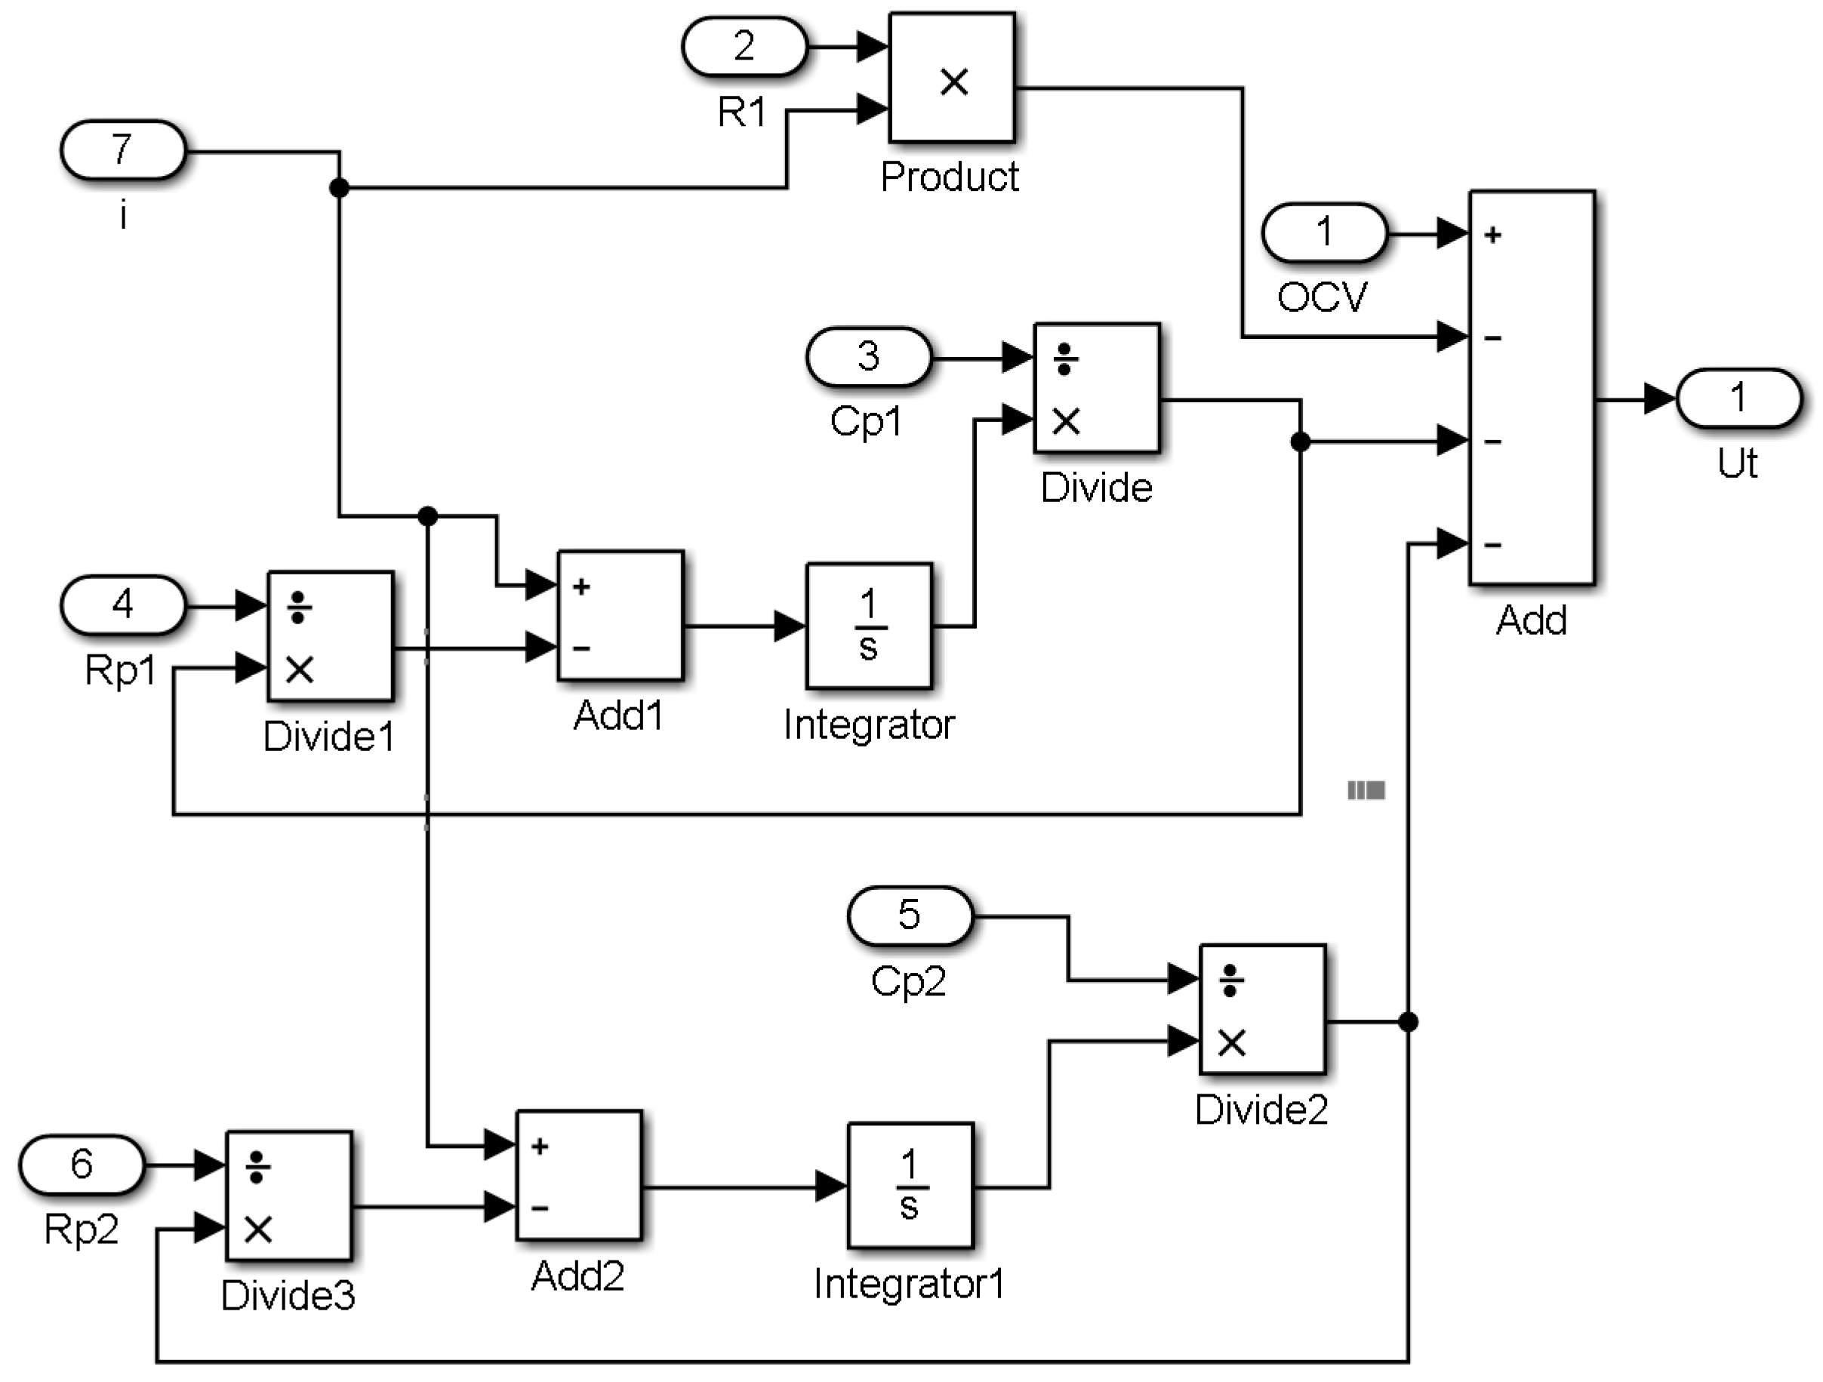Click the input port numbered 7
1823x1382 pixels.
[123, 150]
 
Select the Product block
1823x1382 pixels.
[952, 78]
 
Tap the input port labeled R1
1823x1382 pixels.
[744, 47]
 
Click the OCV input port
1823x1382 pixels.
[1324, 233]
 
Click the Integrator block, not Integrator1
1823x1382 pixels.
[869, 626]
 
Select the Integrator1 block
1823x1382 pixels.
[910, 1186]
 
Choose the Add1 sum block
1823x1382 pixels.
[620, 616]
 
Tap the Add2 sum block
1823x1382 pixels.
[578, 1175]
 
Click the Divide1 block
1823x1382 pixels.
[330, 636]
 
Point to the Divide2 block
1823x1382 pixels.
[1262, 1009]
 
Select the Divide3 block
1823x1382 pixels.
[288, 1196]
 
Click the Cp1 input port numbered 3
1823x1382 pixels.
[869, 357]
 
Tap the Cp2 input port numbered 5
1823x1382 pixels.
[910, 916]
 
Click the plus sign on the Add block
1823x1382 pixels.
[1492, 235]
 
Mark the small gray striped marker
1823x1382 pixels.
[1366, 790]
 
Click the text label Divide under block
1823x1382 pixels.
[1096, 488]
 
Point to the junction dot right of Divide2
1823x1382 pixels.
[1409, 1023]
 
